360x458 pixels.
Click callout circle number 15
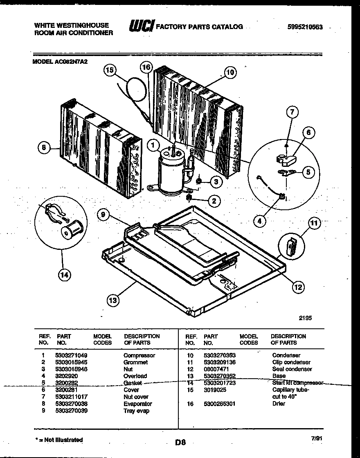(109, 71)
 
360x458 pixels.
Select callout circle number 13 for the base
(113, 301)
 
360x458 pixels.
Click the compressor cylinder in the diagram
(171, 174)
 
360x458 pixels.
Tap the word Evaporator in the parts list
(138, 404)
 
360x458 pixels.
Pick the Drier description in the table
(279, 404)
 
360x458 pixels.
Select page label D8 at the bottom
(180, 442)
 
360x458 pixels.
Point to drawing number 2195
(305, 317)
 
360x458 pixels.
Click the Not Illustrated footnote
(59, 440)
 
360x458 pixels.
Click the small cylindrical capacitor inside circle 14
(72, 230)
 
